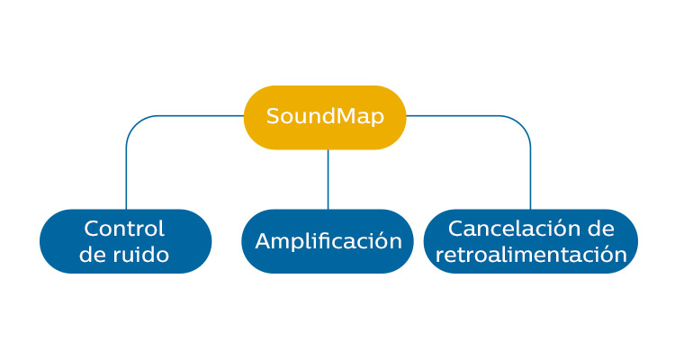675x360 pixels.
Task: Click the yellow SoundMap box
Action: [325, 117]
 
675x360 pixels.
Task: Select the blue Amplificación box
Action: [328, 241]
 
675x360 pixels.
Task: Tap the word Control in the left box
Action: [124, 229]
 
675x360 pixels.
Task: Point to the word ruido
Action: [140, 255]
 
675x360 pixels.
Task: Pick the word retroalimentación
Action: [531, 255]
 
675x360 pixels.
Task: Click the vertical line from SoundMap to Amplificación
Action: [328, 179]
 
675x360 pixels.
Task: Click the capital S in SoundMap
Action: [272, 116]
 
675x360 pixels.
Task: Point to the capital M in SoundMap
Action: [335, 116]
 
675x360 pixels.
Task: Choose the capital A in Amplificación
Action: [263, 241]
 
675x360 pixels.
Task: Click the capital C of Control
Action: [92, 229]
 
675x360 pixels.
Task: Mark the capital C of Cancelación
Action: [456, 229]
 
